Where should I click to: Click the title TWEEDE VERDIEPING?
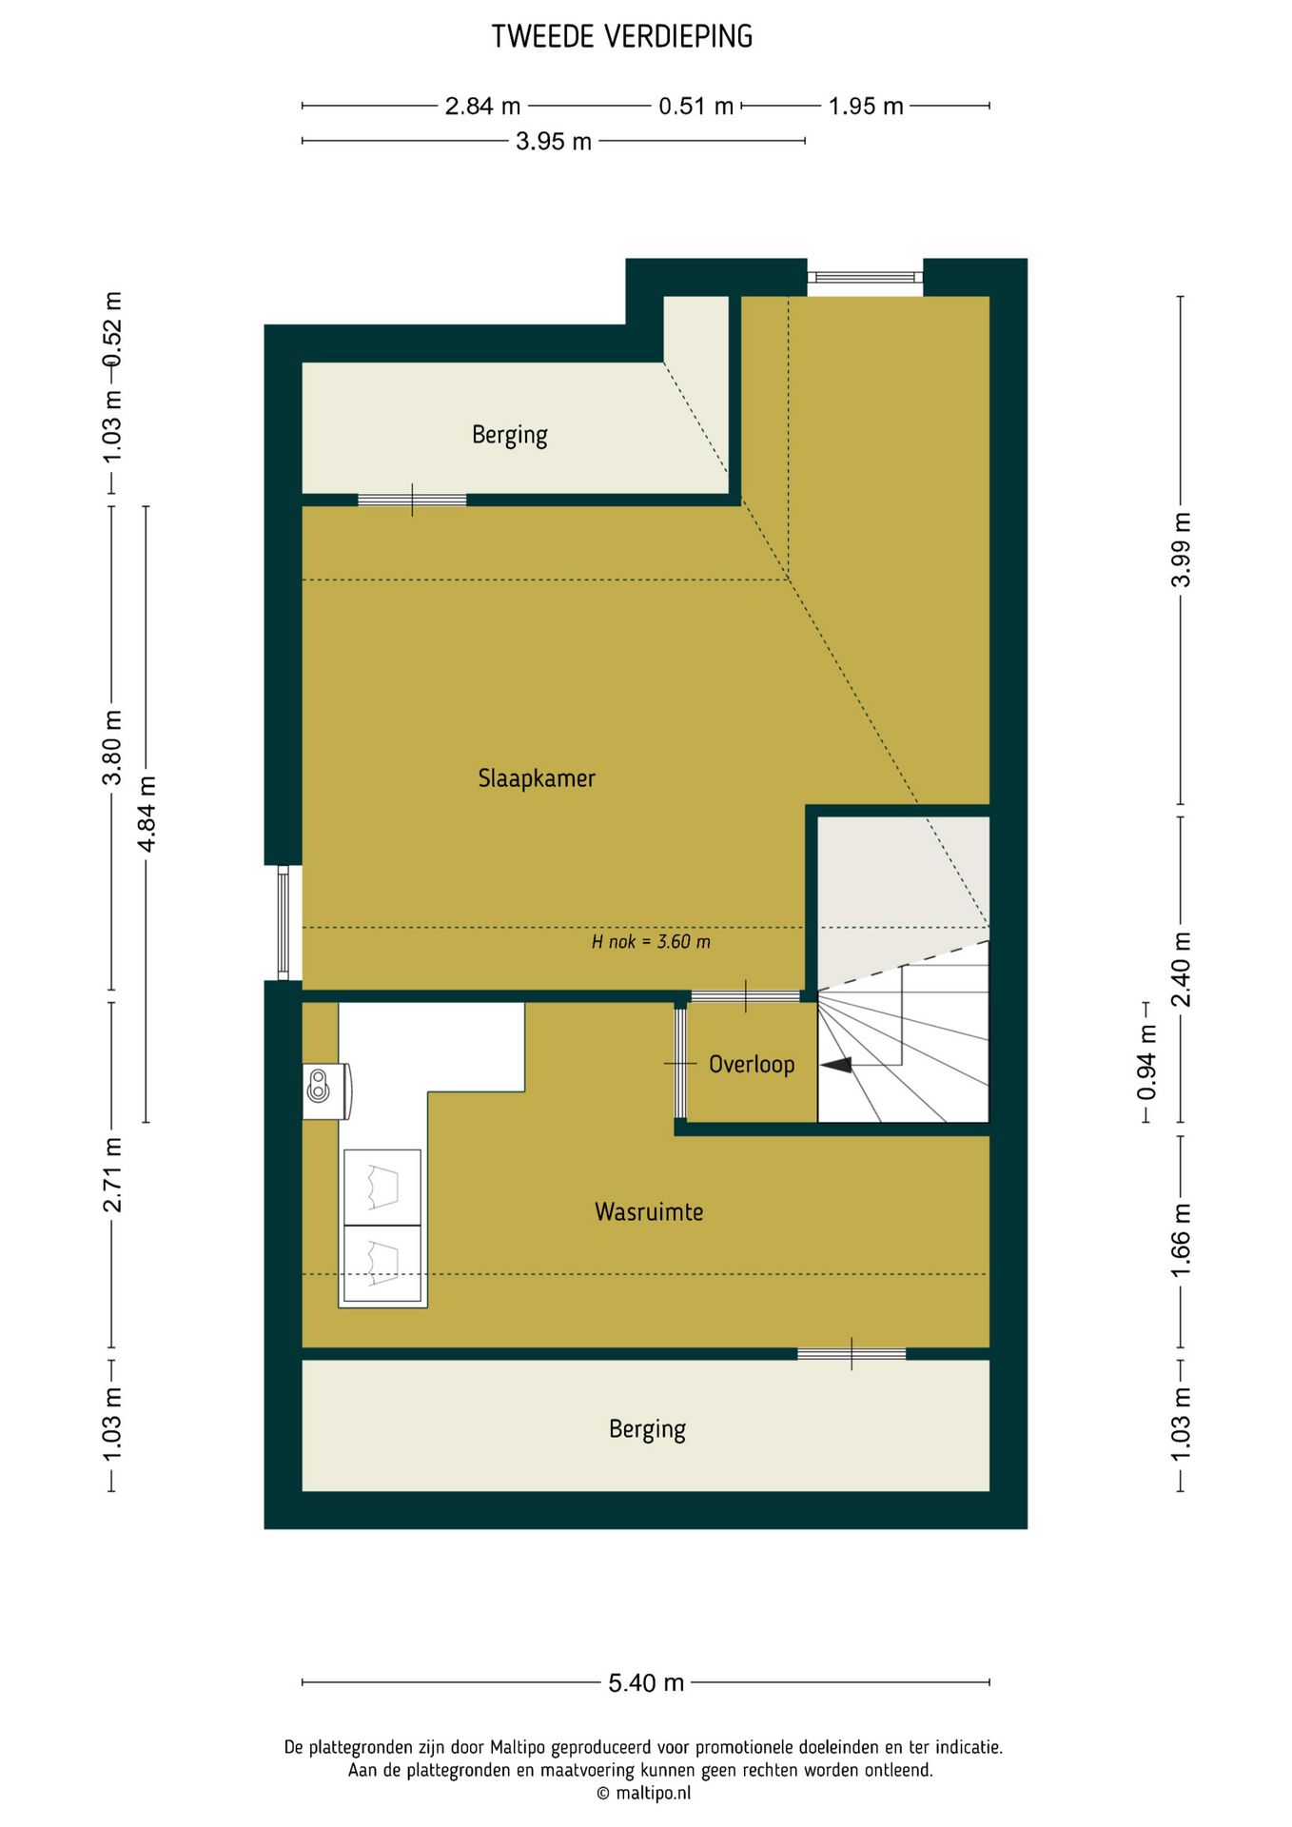pyautogui.click(x=622, y=37)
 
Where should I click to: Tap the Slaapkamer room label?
pyautogui.click(x=537, y=778)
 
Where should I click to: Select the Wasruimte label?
pyautogui.click(x=649, y=1211)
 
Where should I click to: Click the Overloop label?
pyautogui.click(x=752, y=1064)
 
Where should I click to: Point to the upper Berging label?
pyautogui.click(x=510, y=436)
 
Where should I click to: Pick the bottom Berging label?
pyautogui.click(x=647, y=1429)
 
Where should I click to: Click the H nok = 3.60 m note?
pyautogui.click(x=651, y=942)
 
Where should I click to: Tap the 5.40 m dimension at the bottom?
pyautogui.click(x=646, y=1682)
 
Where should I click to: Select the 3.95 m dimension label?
pyautogui.click(x=554, y=142)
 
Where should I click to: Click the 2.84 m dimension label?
pyautogui.click(x=483, y=106)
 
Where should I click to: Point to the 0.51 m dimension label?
pyautogui.click(x=696, y=106)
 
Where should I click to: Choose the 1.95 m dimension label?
pyautogui.click(x=866, y=106)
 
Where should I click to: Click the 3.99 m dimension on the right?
pyautogui.click(x=1181, y=549)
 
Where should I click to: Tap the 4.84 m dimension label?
pyautogui.click(x=147, y=815)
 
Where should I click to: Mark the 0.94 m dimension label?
pyautogui.click(x=1147, y=1062)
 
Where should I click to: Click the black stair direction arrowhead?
pyautogui.click(x=837, y=1066)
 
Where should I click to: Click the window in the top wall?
pyautogui.click(x=866, y=278)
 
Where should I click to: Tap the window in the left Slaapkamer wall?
pyautogui.click(x=284, y=922)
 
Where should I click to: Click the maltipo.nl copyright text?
pyautogui.click(x=643, y=1793)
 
